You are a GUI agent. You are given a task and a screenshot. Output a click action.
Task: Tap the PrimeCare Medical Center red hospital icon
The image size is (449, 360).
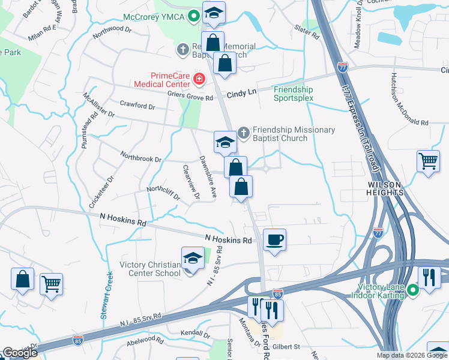(199, 78)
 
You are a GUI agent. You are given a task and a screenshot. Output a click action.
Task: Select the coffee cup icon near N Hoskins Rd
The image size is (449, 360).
(275, 240)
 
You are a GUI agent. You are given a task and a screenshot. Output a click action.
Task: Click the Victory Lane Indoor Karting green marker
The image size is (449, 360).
(413, 291)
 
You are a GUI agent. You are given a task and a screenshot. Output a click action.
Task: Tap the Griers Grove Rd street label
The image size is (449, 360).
(191, 98)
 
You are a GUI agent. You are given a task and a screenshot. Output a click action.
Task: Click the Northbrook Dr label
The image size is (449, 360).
(141, 160)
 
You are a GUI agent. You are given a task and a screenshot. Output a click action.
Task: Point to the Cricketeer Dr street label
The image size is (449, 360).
(100, 192)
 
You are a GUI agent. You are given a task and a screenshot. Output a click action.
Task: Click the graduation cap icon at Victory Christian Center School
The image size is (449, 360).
(193, 259)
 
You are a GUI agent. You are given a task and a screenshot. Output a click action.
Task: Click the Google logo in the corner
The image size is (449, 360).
(20, 353)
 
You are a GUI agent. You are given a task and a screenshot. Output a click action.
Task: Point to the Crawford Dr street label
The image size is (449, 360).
(137, 106)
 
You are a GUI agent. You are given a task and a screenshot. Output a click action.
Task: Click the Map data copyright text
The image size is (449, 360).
(412, 355)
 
